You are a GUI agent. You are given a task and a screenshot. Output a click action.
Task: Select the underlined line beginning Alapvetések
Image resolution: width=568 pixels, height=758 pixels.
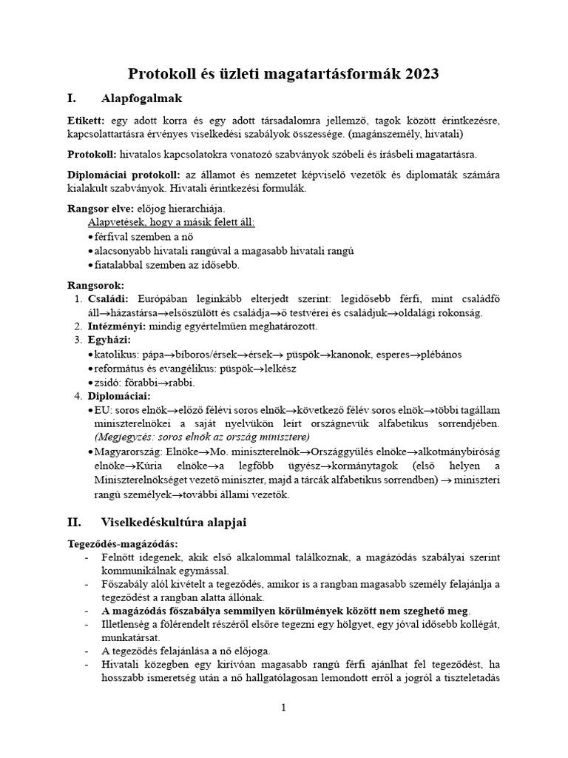point(171,222)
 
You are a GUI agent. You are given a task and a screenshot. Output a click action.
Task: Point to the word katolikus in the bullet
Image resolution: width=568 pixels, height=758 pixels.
point(117,355)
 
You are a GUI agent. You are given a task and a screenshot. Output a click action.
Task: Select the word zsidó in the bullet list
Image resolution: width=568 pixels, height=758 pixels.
point(107,382)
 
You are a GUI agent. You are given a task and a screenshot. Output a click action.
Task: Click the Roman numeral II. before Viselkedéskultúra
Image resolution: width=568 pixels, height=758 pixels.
point(75,522)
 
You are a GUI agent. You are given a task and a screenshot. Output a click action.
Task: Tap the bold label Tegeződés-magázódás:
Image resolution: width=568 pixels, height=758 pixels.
point(122,544)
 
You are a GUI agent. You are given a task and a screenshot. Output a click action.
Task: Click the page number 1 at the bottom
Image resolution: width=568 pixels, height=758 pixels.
point(283,708)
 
